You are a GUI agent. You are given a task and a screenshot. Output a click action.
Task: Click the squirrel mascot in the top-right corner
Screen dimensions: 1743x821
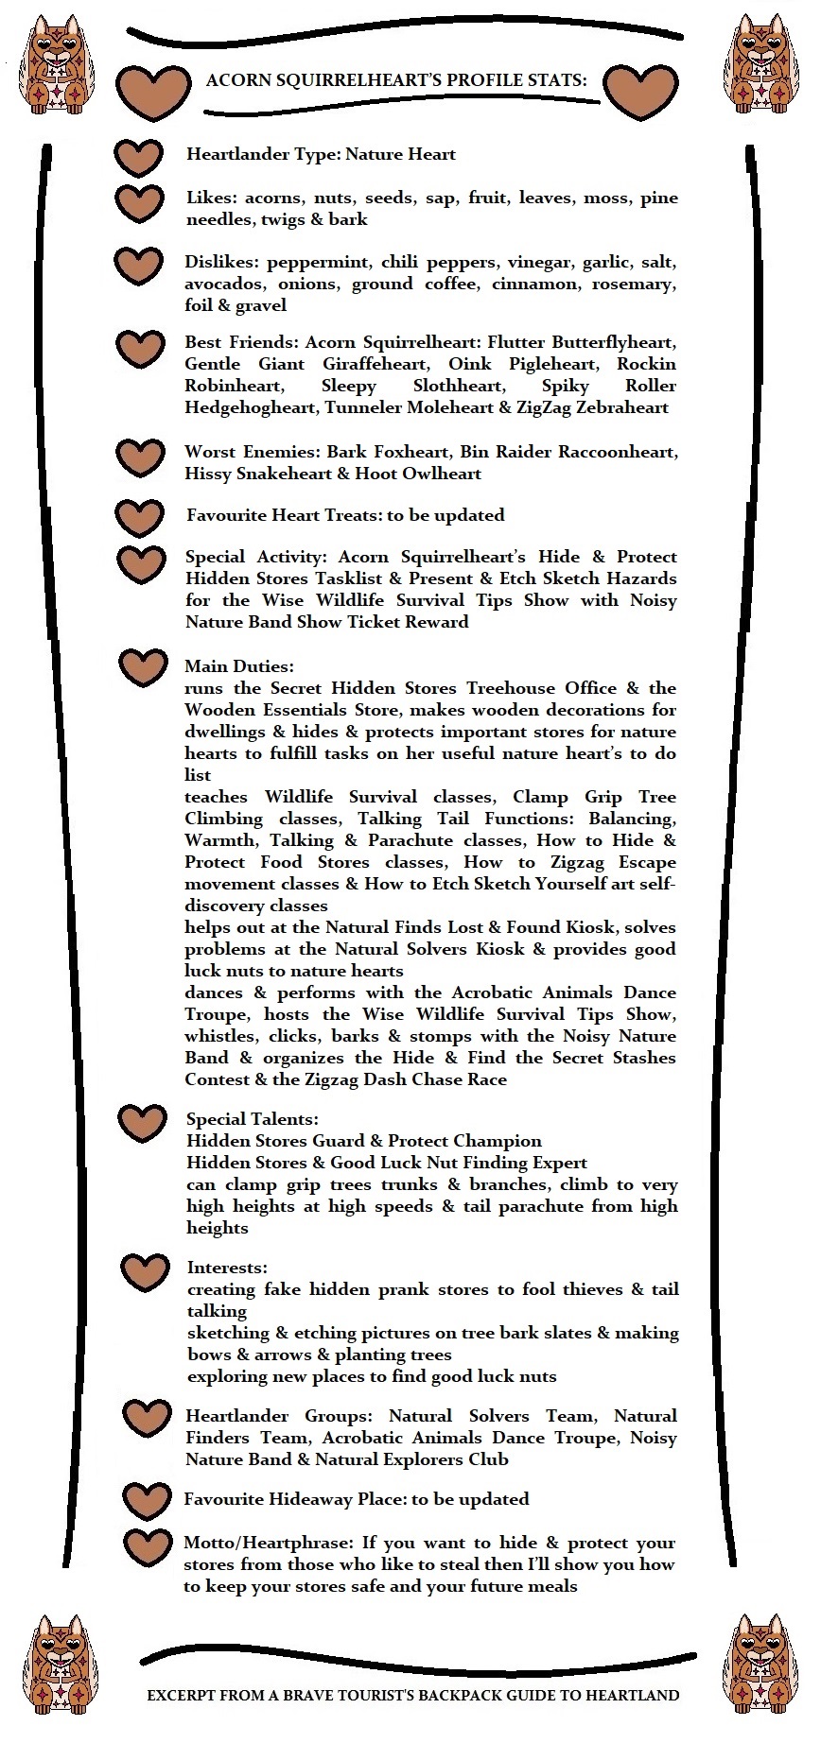click(x=763, y=62)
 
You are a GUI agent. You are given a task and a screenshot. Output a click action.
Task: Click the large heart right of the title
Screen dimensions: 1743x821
click(x=639, y=92)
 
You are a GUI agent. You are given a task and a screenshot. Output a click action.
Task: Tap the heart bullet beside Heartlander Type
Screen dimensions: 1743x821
click(x=139, y=158)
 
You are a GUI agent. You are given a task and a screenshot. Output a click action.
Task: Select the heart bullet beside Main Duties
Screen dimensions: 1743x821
click(x=143, y=667)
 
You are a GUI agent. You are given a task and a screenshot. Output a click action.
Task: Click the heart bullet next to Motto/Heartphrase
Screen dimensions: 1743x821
click(x=148, y=1547)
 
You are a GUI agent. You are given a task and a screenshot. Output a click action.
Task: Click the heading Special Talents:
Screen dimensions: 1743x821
click(x=253, y=1119)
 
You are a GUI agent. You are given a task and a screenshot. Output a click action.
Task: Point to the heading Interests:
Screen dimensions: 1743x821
click(x=227, y=1268)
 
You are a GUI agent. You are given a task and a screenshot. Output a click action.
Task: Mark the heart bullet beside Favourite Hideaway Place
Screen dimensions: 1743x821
click(x=147, y=1500)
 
